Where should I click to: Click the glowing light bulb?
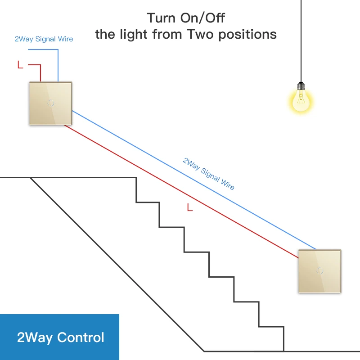pyautogui.click(x=300, y=100)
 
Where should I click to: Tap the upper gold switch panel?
pyautogui.click(x=50, y=103)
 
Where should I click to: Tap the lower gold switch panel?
pyautogui.click(x=319, y=271)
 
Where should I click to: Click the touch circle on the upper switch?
pyautogui.click(x=50, y=103)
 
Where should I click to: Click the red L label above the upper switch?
pyautogui.click(x=20, y=65)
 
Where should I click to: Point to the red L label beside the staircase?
pyautogui.click(x=189, y=207)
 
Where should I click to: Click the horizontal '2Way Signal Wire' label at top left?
pyautogui.click(x=44, y=39)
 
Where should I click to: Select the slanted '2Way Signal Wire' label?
pyautogui.click(x=208, y=173)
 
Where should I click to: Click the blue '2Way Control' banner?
pyautogui.click(x=60, y=337)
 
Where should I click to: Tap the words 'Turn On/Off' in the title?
pyautogui.click(x=186, y=18)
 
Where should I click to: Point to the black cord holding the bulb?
pyautogui.click(x=301, y=40)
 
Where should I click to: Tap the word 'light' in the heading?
pyautogui.click(x=144, y=34)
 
